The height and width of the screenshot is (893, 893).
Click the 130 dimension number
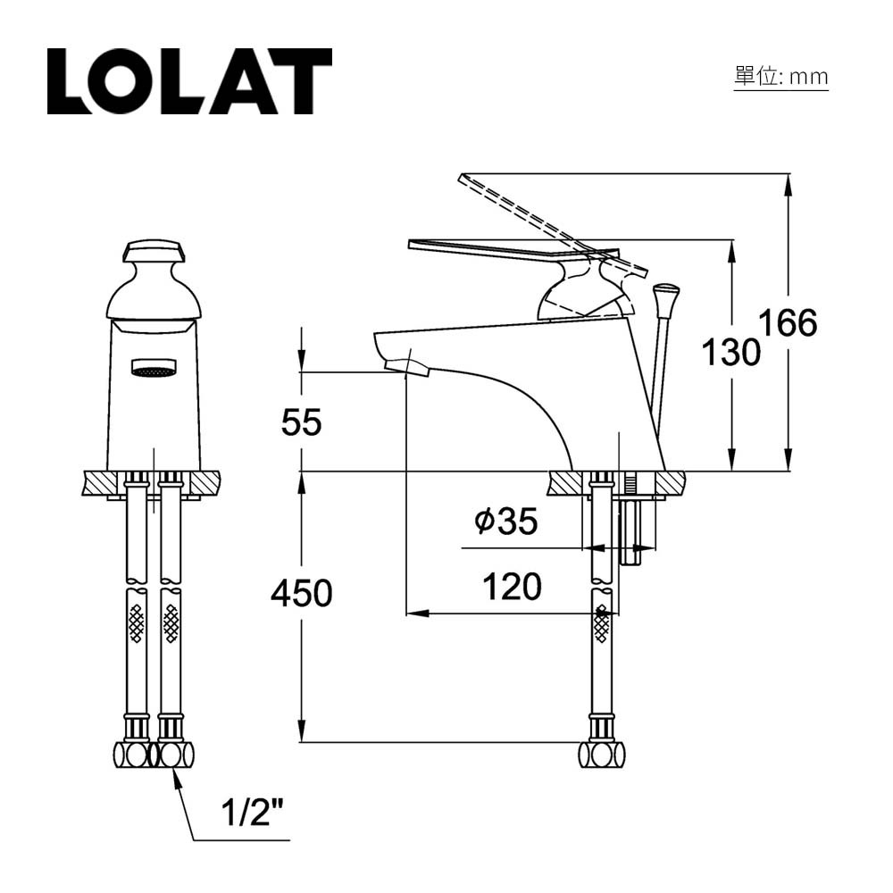(x=730, y=353)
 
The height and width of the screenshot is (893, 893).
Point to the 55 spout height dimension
(x=301, y=421)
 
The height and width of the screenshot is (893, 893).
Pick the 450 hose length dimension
(x=301, y=593)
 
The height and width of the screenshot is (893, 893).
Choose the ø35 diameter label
(x=506, y=522)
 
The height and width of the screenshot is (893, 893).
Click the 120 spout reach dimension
(x=512, y=587)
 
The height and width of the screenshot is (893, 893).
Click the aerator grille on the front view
(x=154, y=367)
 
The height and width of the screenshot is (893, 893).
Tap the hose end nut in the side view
(x=601, y=754)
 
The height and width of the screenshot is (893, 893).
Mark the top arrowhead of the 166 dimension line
(x=788, y=183)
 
